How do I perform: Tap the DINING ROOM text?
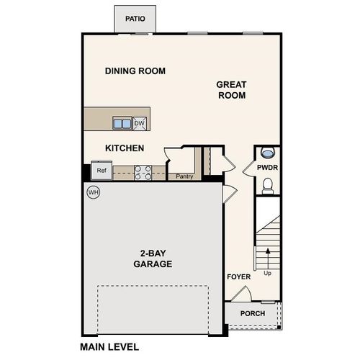click(135, 71)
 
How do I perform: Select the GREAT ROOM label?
click(231, 90)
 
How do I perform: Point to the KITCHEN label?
click(125, 148)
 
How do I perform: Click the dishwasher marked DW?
click(140, 124)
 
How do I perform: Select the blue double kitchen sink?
click(122, 124)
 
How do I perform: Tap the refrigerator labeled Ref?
click(102, 171)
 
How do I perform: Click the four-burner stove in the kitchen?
click(143, 172)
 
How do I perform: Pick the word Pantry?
click(184, 176)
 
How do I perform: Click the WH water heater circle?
click(93, 192)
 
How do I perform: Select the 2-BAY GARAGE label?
click(153, 258)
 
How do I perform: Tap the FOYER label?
click(238, 276)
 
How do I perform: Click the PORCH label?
click(252, 313)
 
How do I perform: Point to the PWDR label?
click(267, 168)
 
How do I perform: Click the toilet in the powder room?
click(268, 186)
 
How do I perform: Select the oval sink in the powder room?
click(268, 153)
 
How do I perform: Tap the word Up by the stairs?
click(269, 274)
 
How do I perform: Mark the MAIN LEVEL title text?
click(109, 346)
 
